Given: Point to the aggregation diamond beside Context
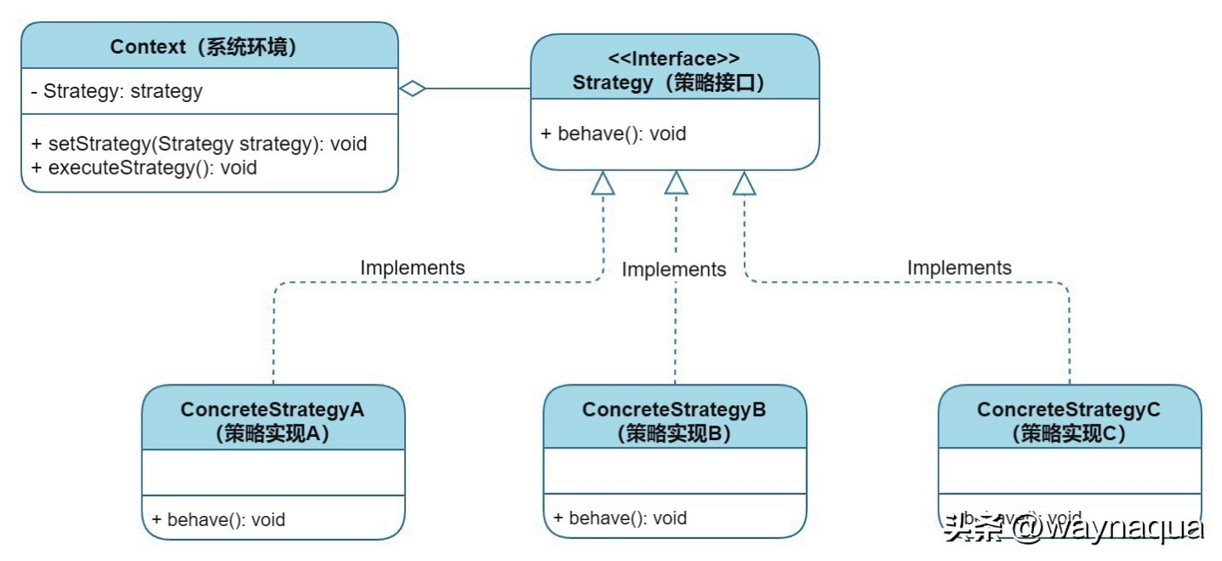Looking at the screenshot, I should pyautogui.click(x=413, y=89).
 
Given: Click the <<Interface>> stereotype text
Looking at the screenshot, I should pyautogui.click(x=674, y=59).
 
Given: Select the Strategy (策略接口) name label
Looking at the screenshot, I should pyautogui.click(x=674, y=83).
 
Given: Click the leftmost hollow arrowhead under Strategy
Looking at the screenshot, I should pyautogui.click(x=602, y=183).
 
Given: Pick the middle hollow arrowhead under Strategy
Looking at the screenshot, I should pyautogui.click(x=676, y=183).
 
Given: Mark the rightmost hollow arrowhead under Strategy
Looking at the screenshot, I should pyautogui.click(x=745, y=183).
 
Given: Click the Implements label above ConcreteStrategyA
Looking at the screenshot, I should pyautogui.click(x=413, y=267).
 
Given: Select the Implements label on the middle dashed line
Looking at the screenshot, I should pyautogui.click(x=674, y=270).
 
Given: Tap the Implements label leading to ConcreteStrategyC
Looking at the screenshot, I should pyautogui.click(x=959, y=267).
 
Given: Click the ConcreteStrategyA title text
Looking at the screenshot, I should pyautogui.click(x=272, y=409).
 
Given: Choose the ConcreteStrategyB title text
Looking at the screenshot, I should pyautogui.click(x=674, y=409).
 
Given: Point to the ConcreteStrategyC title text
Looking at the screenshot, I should pyautogui.click(x=1069, y=409).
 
